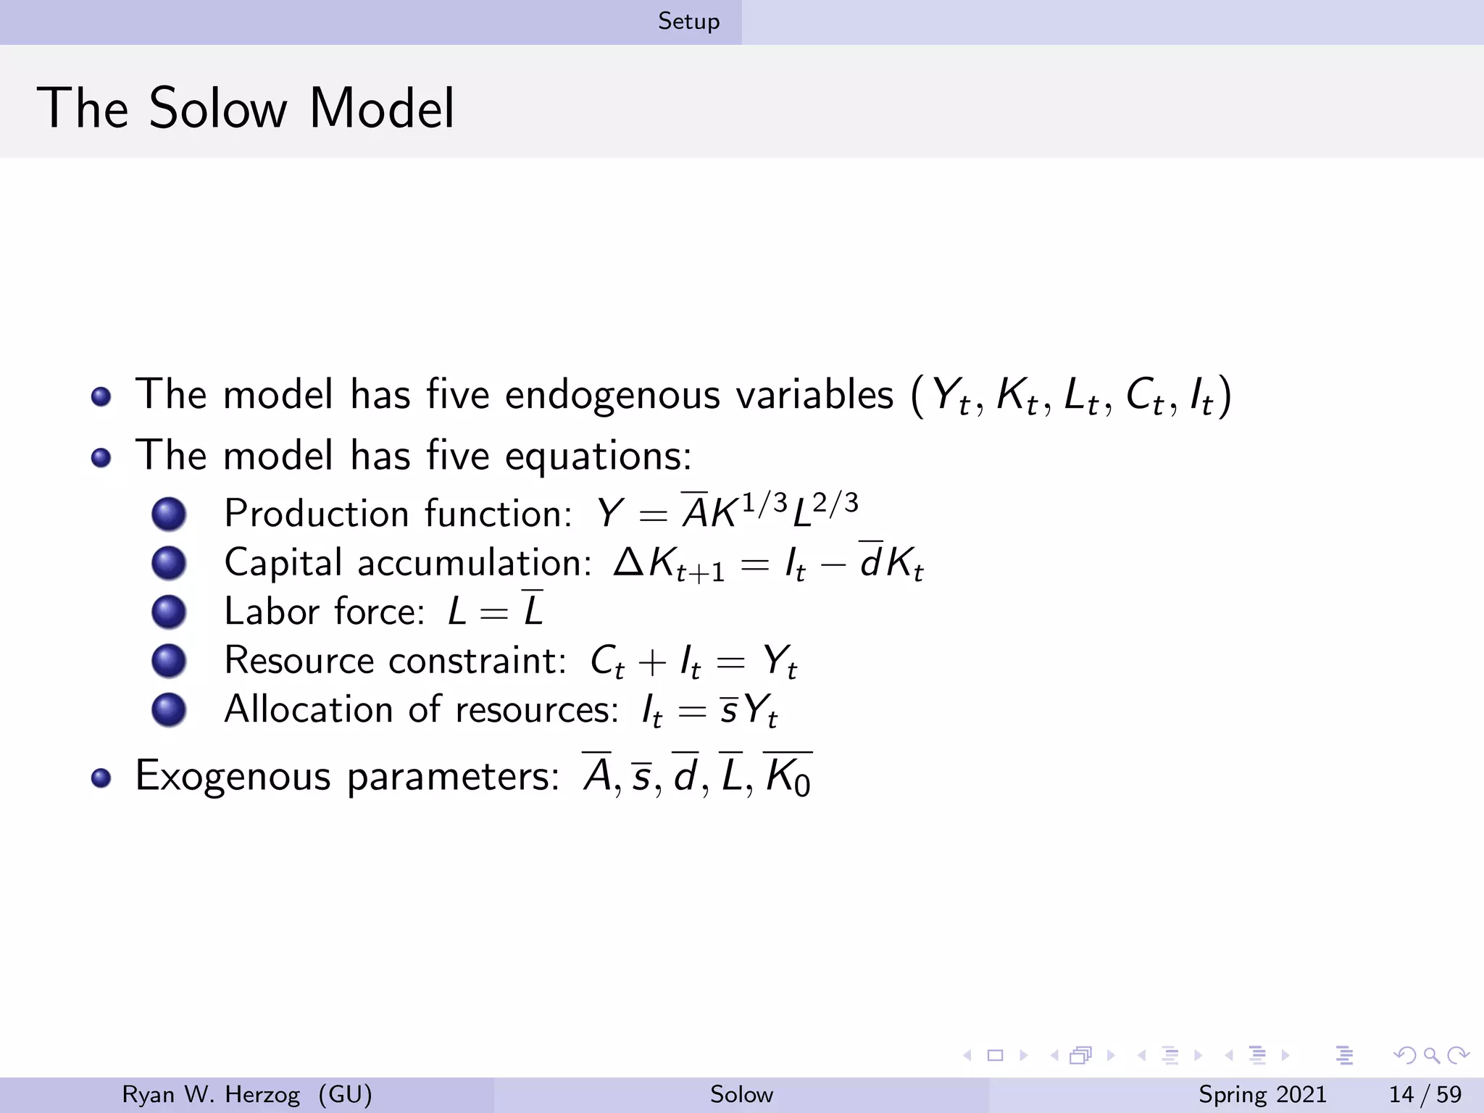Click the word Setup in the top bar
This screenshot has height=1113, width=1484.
coord(688,22)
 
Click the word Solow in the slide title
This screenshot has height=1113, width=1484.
coord(218,109)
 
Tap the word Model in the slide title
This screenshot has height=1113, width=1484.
coord(382,109)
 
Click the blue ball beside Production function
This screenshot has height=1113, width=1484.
coord(169,514)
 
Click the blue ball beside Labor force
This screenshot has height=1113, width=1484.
coord(169,612)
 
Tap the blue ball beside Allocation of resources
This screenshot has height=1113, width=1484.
coord(169,709)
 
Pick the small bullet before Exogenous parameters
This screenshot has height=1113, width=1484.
coord(101,778)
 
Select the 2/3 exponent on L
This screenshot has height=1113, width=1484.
coord(835,502)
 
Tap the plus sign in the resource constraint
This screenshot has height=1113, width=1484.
coord(652,662)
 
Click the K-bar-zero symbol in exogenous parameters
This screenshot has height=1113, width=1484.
coord(788,776)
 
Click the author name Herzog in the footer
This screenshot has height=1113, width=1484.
coord(262,1094)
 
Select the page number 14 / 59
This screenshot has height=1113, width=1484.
coord(1425,1094)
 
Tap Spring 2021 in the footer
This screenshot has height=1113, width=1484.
coord(1262,1094)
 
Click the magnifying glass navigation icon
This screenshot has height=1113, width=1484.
coord(1431,1055)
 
